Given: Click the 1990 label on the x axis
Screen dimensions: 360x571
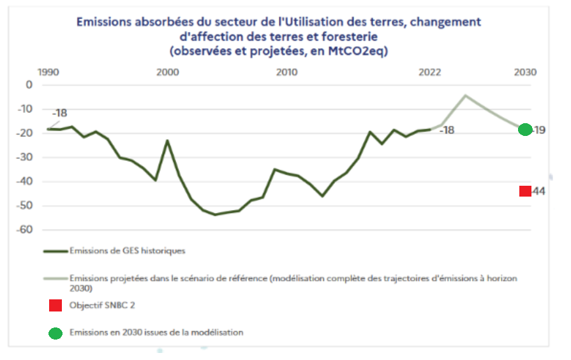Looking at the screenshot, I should pyautogui.click(x=48, y=71).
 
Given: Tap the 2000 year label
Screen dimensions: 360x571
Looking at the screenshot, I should pyautogui.click(x=168, y=71).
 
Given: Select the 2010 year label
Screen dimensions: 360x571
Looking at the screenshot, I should pyautogui.click(x=287, y=71).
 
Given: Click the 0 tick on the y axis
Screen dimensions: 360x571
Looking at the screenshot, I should pyautogui.click(x=28, y=85).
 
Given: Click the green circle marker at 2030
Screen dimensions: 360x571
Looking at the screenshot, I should pyautogui.click(x=525, y=130).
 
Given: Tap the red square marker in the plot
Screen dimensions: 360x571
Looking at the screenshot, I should pyautogui.click(x=525, y=191).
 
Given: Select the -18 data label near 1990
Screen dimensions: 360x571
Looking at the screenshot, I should pyautogui.click(x=59, y=114).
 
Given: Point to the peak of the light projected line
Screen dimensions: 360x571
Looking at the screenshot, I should pyautogui.click(x=466, y=96).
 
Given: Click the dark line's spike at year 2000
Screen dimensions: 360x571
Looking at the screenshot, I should pyautogui.click(x=168, y=140).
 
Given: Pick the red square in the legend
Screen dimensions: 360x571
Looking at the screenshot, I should pyautogui.click(x=56, y=306).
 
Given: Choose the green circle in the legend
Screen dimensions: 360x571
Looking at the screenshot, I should pyautogui.click(x=56, y=333).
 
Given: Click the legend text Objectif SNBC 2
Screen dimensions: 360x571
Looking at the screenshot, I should pyautogui.click(x=102, y=305).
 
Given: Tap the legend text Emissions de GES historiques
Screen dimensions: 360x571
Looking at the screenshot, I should pyautogui.click(x=128, y=251).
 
